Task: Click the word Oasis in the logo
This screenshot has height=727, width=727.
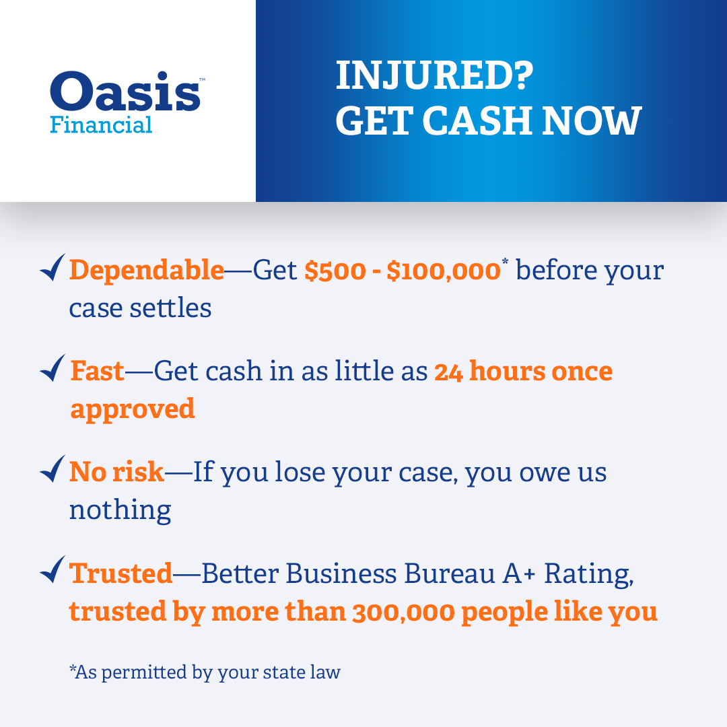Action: pos(125,91)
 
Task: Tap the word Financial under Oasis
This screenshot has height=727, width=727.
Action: pos(101,125)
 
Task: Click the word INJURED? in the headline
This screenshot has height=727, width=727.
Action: pos(434,75)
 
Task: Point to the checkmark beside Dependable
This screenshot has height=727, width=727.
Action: pos(53,267)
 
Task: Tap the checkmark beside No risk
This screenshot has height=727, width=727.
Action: pos(53,469)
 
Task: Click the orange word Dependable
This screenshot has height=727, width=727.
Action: pos(147,270)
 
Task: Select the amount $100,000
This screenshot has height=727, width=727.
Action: pos(444,271)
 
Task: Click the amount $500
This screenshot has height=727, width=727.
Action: pos(335,271)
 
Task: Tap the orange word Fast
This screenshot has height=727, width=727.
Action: pos(98,371)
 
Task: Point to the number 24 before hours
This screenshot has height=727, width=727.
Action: pos(448,372)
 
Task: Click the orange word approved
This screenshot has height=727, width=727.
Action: pos(133,409)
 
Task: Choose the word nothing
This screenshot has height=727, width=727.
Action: pos(120,510)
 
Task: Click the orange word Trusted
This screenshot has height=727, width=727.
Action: pos(120,573)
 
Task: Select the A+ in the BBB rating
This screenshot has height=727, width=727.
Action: pos(519,574)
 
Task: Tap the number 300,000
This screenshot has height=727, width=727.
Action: pos(403,612)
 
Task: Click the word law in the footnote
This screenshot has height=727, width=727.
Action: pos(326,672)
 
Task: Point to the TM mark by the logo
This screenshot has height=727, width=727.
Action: pos(202,79)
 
